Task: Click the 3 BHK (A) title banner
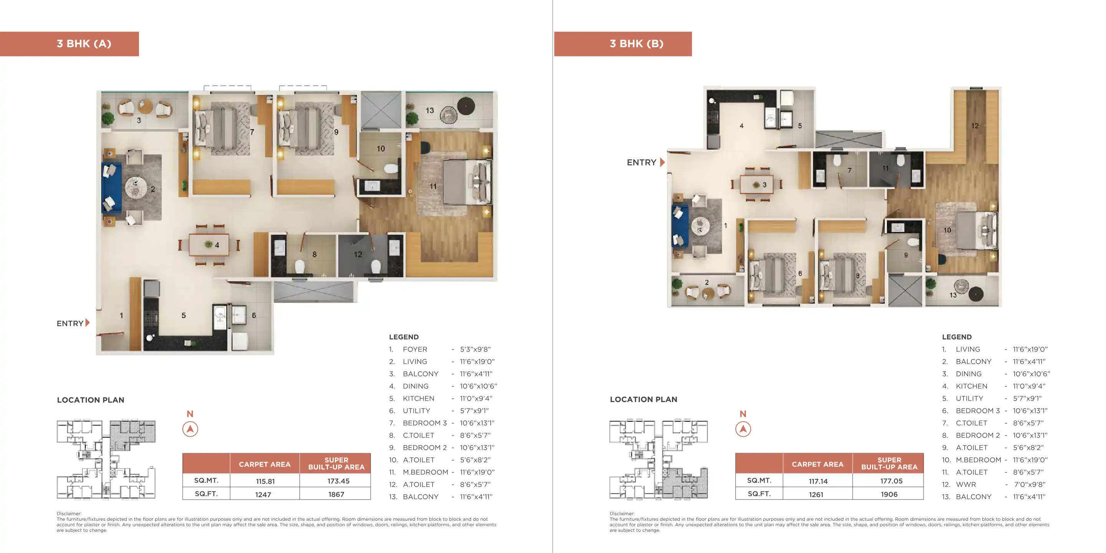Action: click(69, 44)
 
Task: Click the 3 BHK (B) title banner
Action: click(623, 44)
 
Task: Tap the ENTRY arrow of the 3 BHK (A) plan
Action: click(88, 323)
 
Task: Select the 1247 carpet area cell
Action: click(263, 494)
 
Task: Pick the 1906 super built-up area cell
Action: click(889, 494)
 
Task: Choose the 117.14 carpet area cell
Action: click(818, 481)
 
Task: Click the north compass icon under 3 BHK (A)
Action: click(190, 429)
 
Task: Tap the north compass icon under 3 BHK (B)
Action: click(743, 429)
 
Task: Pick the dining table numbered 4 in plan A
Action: click(209, 245)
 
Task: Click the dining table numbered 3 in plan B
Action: click(757, 185)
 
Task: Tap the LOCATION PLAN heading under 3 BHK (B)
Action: click(643, 399)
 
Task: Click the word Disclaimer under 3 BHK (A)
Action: click(69, 513)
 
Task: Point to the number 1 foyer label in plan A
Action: click(121, 316)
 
